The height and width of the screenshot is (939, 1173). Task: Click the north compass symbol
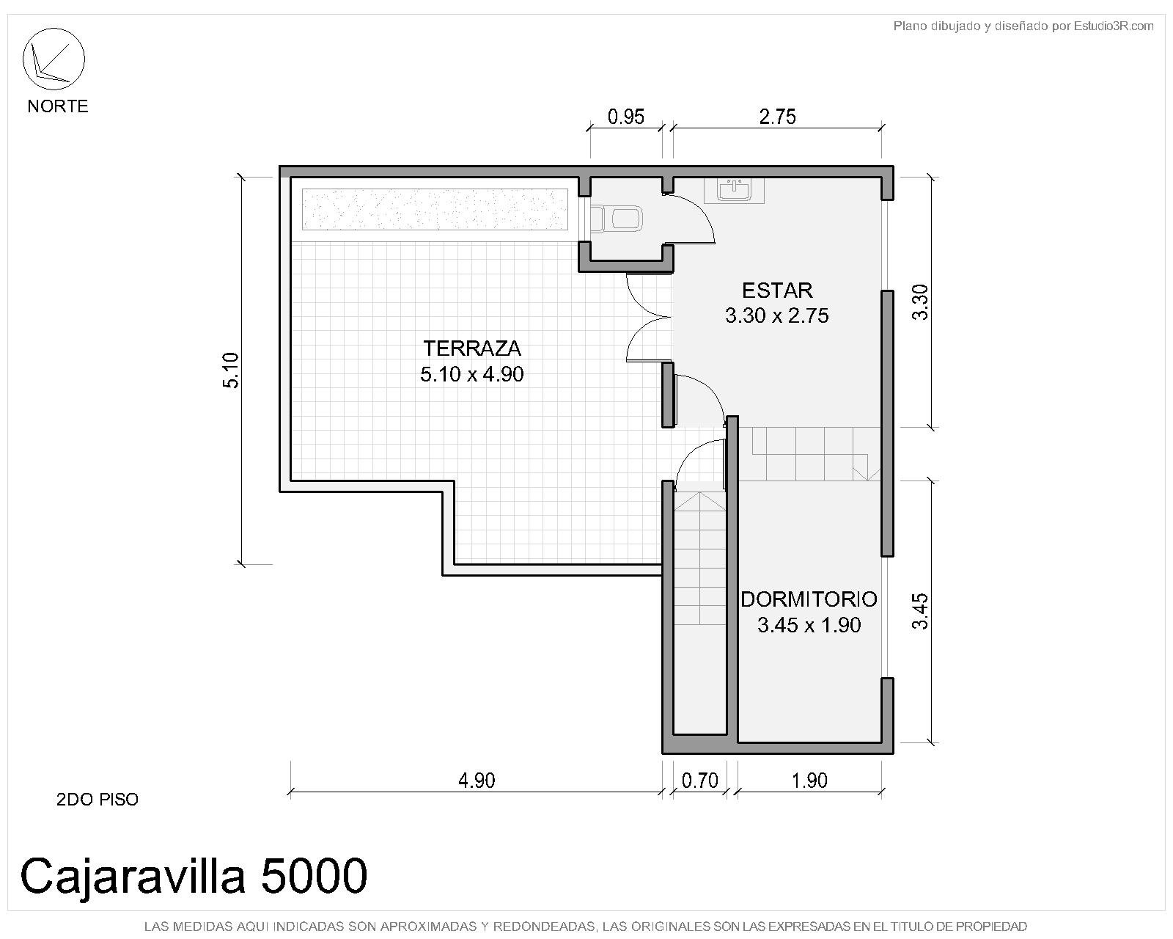click(x=54, y=59)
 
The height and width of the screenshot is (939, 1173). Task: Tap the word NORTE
click(x=58, y=106)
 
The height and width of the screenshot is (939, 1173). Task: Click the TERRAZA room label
click(x=472, y=348)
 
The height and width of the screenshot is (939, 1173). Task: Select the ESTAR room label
click(x=777, y=291)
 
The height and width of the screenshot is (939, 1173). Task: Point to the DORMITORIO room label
click(x=809, y=599)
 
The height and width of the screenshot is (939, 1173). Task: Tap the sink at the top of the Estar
click(x=734, y=191)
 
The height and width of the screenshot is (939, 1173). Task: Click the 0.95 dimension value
click(x=626, y=116)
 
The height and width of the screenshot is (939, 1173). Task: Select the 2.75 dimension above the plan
click(x=777, y=116)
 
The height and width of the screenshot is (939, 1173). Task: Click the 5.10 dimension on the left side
click(x=231, y=370)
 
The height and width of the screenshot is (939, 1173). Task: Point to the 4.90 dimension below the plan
click(x=477, y=781)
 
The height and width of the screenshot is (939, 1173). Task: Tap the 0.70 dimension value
click(x=700, y=781)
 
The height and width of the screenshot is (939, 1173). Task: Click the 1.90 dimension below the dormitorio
click(x=809, y=781)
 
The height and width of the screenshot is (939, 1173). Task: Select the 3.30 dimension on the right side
click(x=920, y=302)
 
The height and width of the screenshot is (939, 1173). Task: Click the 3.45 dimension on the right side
click(x=920, y=611)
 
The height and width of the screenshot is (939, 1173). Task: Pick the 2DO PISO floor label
click(x=98, y=800)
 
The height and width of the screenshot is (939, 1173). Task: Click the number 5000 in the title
click(x=314, y=876)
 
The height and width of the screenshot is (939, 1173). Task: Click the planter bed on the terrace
click(x=435, y=210)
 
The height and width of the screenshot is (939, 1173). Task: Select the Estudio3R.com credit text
click(x=1114, y=26)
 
